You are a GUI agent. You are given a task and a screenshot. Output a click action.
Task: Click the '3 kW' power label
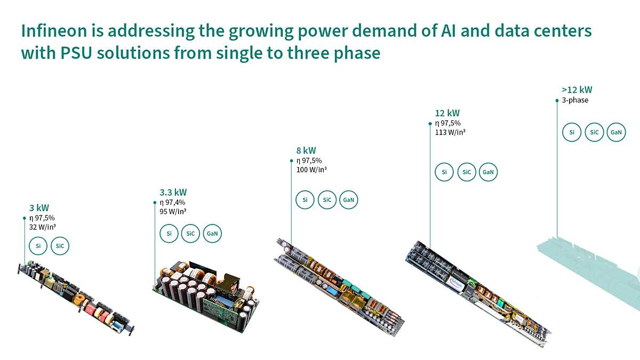(x=39, y=207)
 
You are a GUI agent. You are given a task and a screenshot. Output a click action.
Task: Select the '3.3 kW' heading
(x=173, y=192)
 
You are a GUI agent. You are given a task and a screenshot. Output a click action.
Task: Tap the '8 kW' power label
(x=306, y=150)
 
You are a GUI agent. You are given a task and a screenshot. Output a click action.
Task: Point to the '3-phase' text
(x=575, y=100)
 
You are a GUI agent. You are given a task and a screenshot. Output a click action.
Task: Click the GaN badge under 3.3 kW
(x=212, y=234)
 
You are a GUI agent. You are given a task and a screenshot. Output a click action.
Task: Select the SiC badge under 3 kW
(x=60, y=246)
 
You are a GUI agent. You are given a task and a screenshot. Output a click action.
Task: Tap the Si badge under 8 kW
(x=305, y=200)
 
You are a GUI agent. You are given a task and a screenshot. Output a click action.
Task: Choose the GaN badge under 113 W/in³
(x=488, y=172)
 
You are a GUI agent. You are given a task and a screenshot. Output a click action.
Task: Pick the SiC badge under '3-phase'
(x=594, y=132)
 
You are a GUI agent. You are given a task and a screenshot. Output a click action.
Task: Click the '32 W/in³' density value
(x=43, y=227)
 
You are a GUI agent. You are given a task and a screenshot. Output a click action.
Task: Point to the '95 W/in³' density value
(x=173, y=211)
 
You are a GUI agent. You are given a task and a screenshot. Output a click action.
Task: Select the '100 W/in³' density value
(x=311, y=170)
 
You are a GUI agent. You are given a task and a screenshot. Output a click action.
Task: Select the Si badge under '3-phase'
(x=572, y=132)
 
